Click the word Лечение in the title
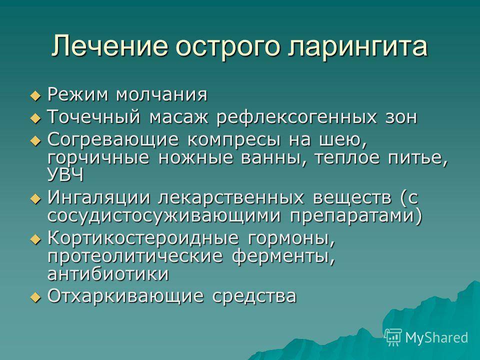click(x=109, y=46)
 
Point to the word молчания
click(x=161, y=94)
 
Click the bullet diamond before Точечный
click(x=35, y=118)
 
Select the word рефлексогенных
click(x=296, y=117)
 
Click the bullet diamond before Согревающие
click(x=35, y=141)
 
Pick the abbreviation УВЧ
click(x=65, y=175)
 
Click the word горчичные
click(x=98, y=158)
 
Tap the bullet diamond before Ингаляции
click(x=35, y=199)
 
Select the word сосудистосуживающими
click(x=164, y=216)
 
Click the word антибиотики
click(x=108, y=273)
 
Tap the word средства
click(x=254, y=296)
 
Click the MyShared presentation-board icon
click(x=393, y=337)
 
